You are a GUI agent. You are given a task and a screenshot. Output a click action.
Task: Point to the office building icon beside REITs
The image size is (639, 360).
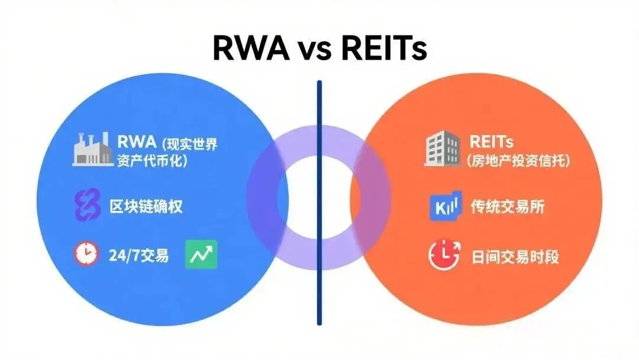pos(442,147)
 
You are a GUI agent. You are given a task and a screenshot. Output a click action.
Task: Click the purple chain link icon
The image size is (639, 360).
pos(87,207)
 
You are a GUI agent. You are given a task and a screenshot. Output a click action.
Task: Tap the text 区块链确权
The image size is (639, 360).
pos(146,207)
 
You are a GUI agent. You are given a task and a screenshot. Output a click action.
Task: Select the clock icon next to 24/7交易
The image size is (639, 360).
pos(86,254)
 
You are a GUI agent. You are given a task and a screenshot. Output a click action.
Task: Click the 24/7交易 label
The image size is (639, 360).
pos(138,255)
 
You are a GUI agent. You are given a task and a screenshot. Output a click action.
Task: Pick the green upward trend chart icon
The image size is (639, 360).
pos(201,255)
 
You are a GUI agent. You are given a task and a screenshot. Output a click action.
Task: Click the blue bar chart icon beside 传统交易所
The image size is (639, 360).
pos(444,207)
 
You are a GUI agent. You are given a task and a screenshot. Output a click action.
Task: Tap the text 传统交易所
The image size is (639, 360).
pos(508,207)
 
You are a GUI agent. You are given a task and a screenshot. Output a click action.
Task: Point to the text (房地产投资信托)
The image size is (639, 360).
pos(518,160)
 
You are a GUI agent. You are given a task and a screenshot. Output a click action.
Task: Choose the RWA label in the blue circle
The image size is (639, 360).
pos(136,142)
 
